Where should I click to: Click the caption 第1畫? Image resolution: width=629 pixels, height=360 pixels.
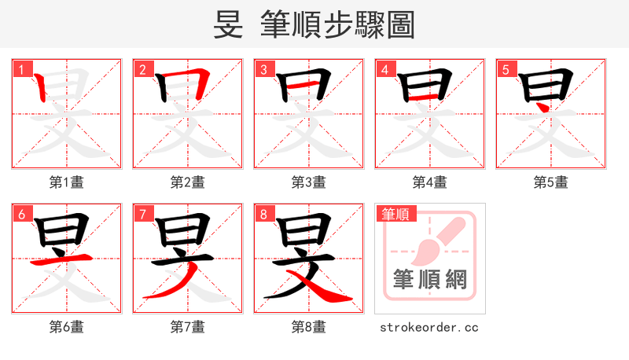tap(67, 182)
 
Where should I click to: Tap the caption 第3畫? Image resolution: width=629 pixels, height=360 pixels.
tap(309, 182)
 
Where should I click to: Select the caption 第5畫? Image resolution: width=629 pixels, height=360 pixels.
tap(551, 182)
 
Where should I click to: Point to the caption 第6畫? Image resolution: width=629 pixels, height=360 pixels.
tap(67, 327)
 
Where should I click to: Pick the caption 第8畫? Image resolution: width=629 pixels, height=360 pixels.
tap(309, 327)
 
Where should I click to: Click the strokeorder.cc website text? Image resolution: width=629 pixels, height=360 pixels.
tap(429, 327)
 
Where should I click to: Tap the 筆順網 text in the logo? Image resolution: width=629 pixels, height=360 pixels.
tap(430, 279)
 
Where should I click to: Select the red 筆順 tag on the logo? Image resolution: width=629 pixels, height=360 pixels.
tap(396, 213)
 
